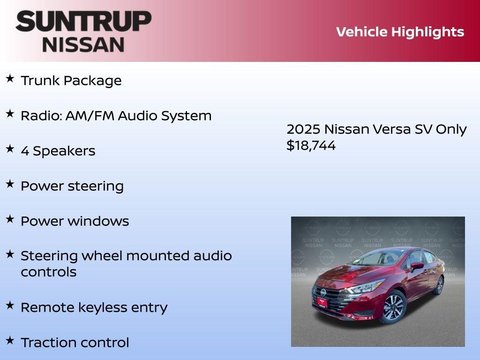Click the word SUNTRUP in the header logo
(83, 21)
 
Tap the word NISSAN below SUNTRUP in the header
(83, 44)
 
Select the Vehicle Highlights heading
(400, 32)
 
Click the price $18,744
(311, 146)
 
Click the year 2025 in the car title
(303, 129)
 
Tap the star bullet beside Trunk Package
(10, 78)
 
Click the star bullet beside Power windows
(10, 219)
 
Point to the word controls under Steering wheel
(48, 272)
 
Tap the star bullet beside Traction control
(10, 340)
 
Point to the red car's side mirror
(417, 266)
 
